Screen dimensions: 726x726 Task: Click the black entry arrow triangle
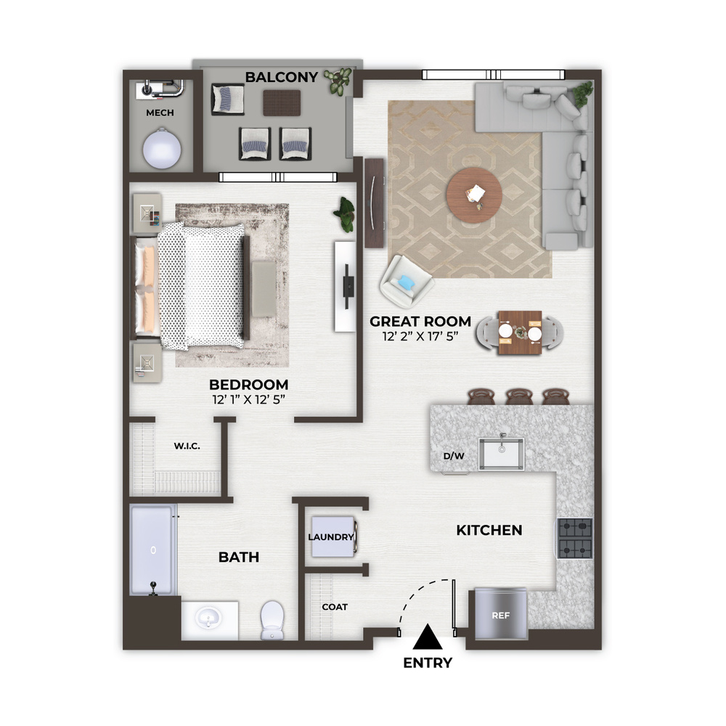coord(428,637)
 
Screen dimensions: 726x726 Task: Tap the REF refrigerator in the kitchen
coord(500,614)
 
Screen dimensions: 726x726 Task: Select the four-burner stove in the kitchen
coord(575,539)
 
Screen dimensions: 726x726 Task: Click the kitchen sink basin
coord(502,454)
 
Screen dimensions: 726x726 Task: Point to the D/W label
coord(454,456)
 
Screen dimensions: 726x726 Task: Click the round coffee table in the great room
coord(474,195)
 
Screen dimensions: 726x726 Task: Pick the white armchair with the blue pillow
coord(407,282)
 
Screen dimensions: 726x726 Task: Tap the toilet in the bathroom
coord(272,620)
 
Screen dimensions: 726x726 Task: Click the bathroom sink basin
coord(208,618)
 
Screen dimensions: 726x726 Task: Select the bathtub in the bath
coord(153,550)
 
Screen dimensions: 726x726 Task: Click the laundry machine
coord(333,537)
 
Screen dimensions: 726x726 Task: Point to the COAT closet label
coord(335,607)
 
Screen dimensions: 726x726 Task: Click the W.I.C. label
coord(187,446)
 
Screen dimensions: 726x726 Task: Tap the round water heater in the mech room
coord(162,149)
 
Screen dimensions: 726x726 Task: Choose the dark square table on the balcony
coord(282,102)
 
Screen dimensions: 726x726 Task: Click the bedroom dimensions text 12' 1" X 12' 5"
coord(248,399)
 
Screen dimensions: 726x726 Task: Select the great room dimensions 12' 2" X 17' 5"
coord(420,337)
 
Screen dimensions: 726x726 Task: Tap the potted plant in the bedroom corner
coord(345,214)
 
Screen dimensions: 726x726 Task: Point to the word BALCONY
coord(282,77)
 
